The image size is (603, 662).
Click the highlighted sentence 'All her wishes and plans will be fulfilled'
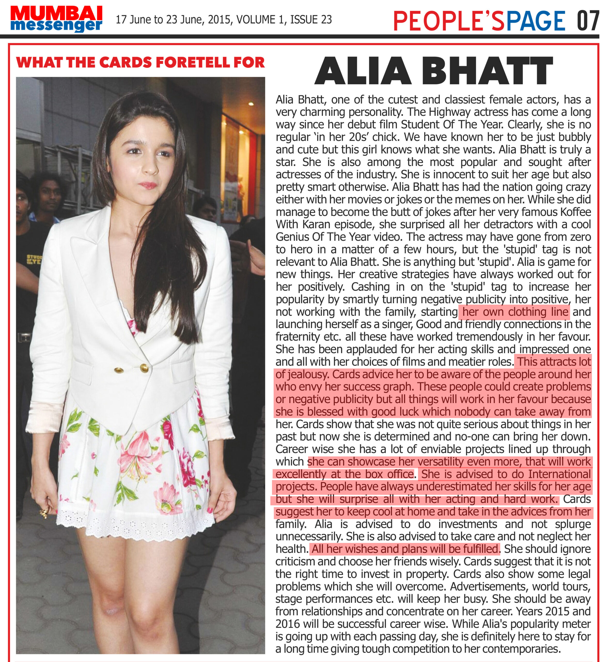coord(405,549)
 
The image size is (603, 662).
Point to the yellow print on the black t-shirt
coord(34,259)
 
